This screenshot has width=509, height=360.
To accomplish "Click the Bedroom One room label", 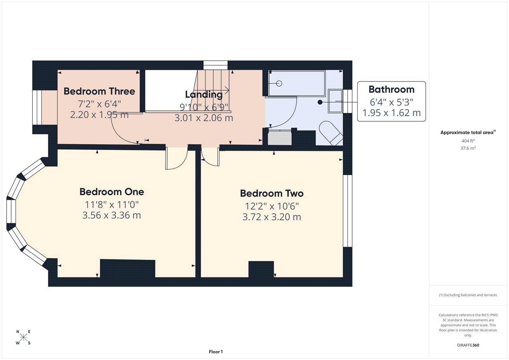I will tap(112, 192).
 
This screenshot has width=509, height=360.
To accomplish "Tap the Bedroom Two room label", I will tap(272, 193).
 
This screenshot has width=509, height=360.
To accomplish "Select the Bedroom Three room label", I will tap(99, 91).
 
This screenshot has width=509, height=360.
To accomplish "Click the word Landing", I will tap(204, 95).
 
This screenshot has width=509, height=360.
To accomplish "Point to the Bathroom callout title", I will tap(391, 89).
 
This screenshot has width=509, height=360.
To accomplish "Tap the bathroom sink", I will tap(335, 101).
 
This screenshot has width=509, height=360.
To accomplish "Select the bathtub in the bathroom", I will tap(296, 83).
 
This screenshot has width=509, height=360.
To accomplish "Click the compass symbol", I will tap(23, 337).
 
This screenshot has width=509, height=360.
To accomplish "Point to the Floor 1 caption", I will tap(216, 352).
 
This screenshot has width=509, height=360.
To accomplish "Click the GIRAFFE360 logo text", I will tap(468, 345).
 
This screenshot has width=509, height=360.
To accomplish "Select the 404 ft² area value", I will tap(468, 141).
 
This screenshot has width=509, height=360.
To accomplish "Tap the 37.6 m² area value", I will tap(468, 148).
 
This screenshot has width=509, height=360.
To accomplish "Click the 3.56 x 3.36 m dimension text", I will tap(112, 215).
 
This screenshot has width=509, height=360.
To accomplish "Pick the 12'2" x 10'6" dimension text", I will tap(272, 206).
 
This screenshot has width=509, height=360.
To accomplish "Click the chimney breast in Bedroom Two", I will tap(261, 269).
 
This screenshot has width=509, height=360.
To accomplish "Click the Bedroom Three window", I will tap(37, 108).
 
